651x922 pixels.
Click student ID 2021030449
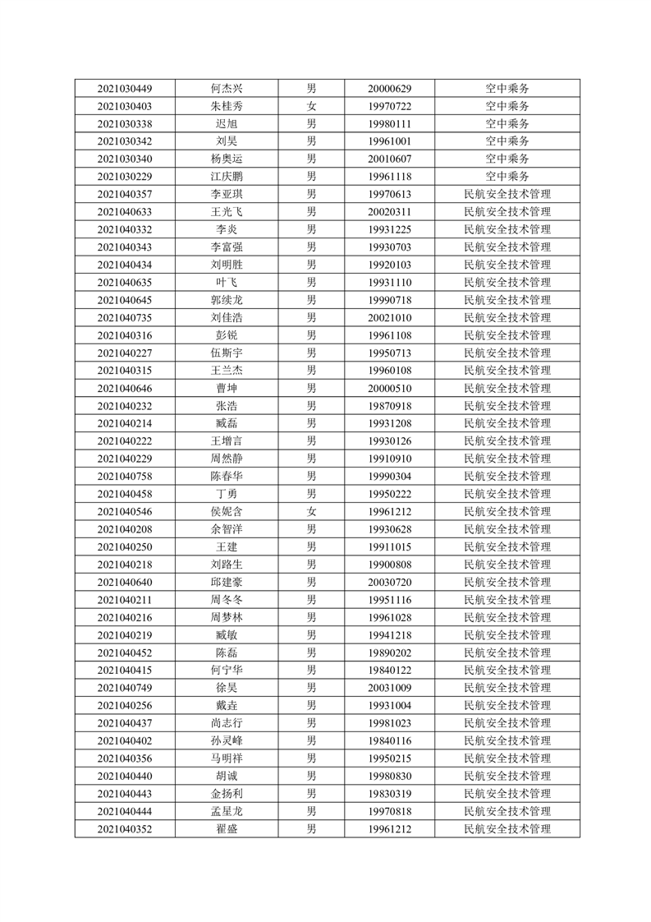pyautogui.click(x=124, y=89)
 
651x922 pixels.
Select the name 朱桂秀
pyautogui.click(x=227, y=106)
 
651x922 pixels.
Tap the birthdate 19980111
pyautogui.click(x=389, y=124)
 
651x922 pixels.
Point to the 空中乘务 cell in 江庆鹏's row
pyautogui.click(x=507, y=177)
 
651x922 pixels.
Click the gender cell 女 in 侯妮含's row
pyautogui.click(x=311, y=511)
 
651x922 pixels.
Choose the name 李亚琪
pyautogui.click(x=227, y=194)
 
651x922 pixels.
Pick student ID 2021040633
pyautogui.click(x=124, y=212)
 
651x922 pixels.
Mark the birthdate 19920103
pyautogui.click(x=389, y=265)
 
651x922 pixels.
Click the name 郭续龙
pyautogui.click(x=227, y=300)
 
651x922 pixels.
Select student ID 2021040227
pyautogui.click(x=124, y=353)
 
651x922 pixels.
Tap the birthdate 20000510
pyautogui.click(x=389, y=388)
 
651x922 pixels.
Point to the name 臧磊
pyautogui.click(x=227, y=423)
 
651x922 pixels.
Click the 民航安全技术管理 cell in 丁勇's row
pyautogui.click(x=507, y=494)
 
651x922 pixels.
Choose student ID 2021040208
pyautogui.click(x=124, y=529)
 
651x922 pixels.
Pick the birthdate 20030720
pyautogui.click(x=389, y=582)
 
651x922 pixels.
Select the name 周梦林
pyautogui.click(x=227, y=617)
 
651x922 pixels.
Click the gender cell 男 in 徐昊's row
pyautogui.click(x=311, y=688)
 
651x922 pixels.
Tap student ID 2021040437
pyautogui.click(x=124, y=723)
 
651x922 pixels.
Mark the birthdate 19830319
pyautogui.click(x=389, y=794)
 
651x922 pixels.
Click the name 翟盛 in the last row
pyautogui.click(x=227, y=829)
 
